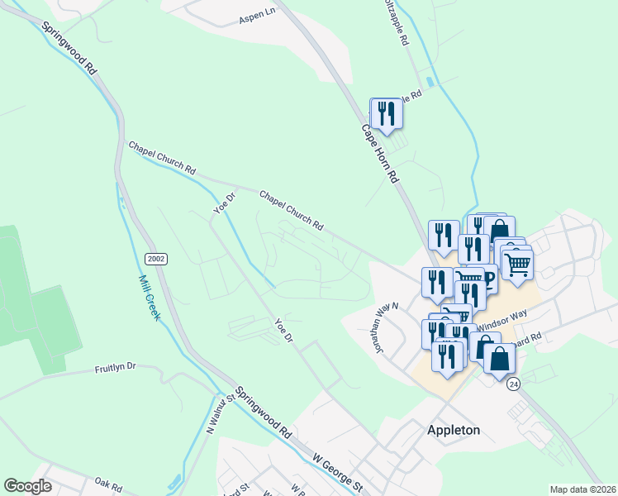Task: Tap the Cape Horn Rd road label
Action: click(381, 154)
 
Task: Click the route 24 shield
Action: click(514, 385)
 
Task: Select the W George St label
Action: click(337, 469)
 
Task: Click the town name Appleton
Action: click(454, 430)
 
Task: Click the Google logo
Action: click(27, 486)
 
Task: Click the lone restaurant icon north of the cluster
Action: click(386, 112)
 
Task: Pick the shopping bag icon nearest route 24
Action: click(499, 359)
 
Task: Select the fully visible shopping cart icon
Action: click(517, 265)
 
